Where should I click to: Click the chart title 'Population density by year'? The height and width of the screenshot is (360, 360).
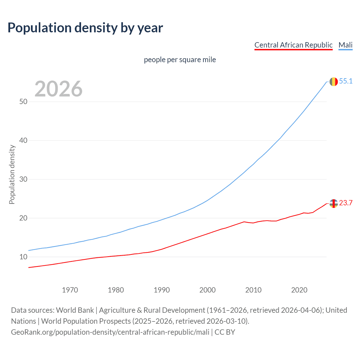pos(85,28)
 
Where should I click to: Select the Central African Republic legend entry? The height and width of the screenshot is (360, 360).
pos(293,45)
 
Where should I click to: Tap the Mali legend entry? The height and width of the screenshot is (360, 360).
pos(345,45)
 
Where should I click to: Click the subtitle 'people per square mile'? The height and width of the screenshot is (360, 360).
pos(180,60)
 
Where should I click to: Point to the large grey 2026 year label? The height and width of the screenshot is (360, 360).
pos(58,89)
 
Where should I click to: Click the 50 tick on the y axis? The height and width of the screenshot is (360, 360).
pos(23,102)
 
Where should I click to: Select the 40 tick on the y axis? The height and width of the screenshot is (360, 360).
pos(23,140)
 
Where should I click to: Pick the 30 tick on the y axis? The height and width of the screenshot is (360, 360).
pos(23,179)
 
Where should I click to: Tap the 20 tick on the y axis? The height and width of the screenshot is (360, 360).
pos(23,218)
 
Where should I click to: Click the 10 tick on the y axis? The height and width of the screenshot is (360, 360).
pos(23,257)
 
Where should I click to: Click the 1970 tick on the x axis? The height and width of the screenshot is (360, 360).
pos(70,290)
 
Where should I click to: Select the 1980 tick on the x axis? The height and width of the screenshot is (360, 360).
pos(116,290)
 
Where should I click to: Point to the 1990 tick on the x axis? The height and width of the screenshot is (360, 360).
pos(161,290)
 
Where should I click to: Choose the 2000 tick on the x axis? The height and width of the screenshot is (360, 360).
pos(207,290)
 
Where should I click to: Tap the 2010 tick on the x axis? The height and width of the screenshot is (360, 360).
pos(253,290)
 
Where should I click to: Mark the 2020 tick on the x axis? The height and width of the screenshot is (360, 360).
pos(299,290)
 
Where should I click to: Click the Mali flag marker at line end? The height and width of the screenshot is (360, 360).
pos(334,82)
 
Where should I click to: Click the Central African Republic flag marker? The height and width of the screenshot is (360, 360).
pos(334,203)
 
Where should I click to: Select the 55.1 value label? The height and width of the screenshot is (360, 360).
pos(346,81)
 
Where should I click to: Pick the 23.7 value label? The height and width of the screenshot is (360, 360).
pos(346,203)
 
